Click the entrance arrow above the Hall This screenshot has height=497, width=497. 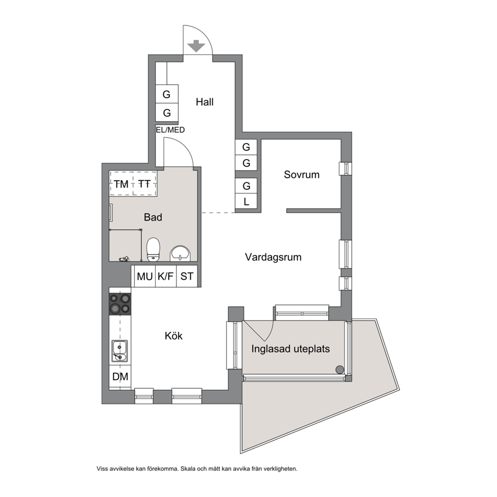pos(196,46)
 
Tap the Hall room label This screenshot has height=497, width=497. pos(204,102)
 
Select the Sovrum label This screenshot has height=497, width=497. pos(302,175)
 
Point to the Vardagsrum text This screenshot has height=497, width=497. pos(273,257)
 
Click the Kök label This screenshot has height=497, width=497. pos(173,336)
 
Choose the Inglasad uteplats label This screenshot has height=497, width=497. pos(291,349)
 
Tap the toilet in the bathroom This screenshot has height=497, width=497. pos(153,250)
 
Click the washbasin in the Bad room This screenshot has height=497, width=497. pos(181,254)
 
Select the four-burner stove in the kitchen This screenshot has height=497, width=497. pos(120,304)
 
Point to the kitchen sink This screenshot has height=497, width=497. pos(120,351)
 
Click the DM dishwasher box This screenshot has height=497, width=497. pos(120,377)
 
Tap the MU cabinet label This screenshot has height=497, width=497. pos(144,277)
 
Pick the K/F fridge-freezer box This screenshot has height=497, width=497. pos(166,276)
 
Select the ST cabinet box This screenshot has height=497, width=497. pos(187,276)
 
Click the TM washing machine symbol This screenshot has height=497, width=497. pos(121,184)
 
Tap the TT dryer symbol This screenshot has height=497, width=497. pos(144,184)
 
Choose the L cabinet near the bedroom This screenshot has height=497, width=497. pos(246,201)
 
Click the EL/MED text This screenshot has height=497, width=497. pos(170,130)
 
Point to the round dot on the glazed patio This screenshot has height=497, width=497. pos(340,370)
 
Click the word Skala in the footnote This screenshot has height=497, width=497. pos(188,469)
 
